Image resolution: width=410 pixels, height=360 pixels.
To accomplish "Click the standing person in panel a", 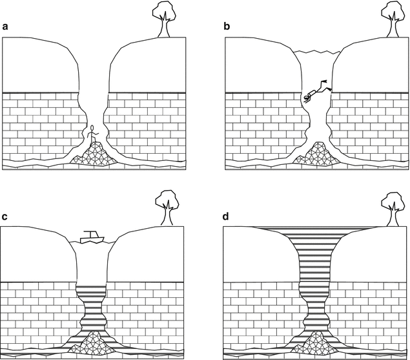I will click(92, 134).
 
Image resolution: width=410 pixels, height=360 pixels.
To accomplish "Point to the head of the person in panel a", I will click(92, 127).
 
